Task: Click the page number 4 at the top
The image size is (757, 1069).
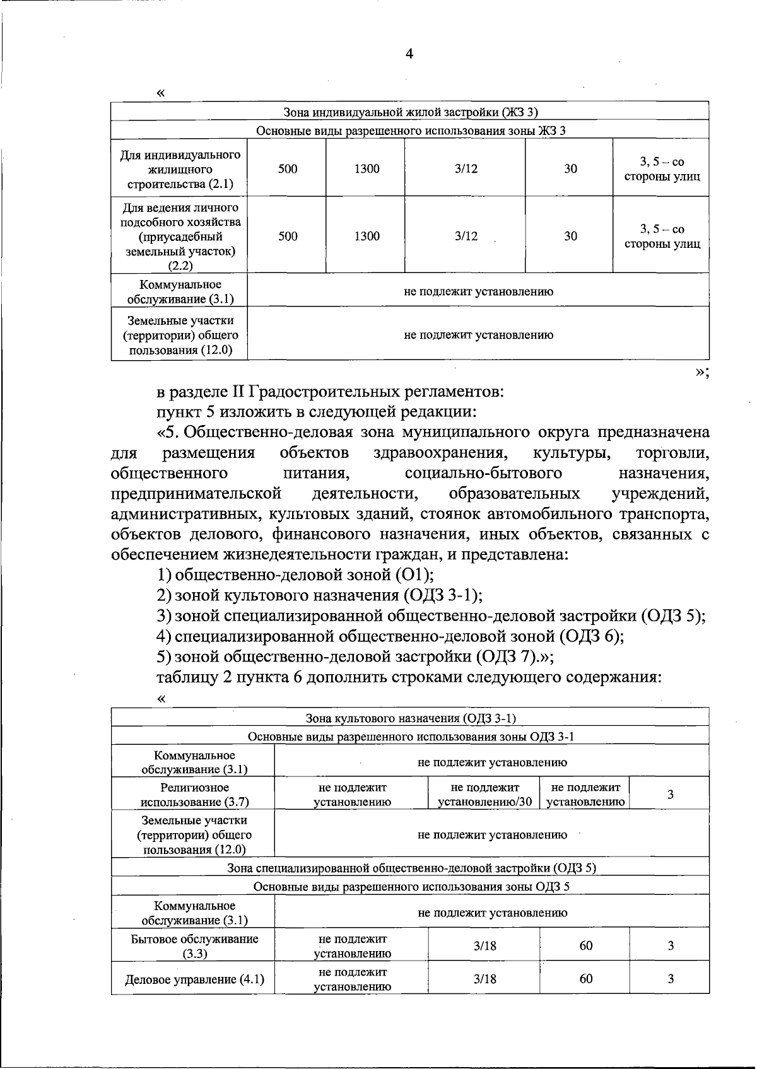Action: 409,54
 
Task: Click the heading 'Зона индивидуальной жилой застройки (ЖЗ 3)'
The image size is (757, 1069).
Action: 410,112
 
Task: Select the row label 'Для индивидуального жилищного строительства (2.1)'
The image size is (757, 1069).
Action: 180,169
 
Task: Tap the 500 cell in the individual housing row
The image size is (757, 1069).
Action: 288,169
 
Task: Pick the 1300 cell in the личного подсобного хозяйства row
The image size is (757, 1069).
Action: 367,236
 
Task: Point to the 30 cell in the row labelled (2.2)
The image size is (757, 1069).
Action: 570,236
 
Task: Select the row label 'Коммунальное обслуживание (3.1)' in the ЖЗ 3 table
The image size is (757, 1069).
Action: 180,291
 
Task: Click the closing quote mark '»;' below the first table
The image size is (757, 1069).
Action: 702,372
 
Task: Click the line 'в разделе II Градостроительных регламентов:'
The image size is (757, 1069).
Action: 331,392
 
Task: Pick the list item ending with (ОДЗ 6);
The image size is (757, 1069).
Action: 390,636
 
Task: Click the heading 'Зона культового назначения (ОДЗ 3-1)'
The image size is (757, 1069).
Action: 411,718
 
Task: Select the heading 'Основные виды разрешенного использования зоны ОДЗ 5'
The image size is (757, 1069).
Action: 411,886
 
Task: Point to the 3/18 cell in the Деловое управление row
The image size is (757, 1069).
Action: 484,979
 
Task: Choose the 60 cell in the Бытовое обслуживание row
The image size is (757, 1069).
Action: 586,945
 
